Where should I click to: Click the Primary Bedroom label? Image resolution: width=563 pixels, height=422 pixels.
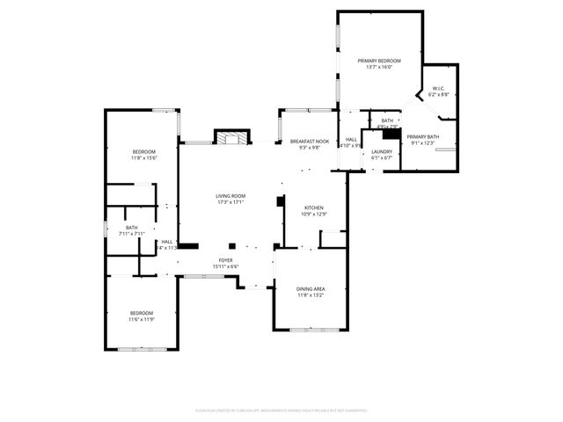tap(379, 61)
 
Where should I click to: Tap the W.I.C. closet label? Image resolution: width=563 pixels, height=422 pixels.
tap(439, 88)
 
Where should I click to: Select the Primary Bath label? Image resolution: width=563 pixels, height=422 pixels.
tap(422, 136)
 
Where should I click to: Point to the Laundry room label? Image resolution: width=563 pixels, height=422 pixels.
tap(381, 152)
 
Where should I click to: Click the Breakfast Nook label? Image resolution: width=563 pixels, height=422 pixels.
tap(310, 142)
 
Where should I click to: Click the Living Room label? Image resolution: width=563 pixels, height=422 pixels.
tap(231, 196)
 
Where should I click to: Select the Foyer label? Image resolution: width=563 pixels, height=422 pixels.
tap(225, 260)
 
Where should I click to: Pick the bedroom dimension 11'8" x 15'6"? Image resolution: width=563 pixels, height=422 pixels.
tap(144, 158)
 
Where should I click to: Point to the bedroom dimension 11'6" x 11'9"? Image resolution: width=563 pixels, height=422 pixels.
tap(142, 319)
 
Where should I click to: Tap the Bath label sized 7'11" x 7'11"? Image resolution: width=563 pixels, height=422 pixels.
tap(131, 228)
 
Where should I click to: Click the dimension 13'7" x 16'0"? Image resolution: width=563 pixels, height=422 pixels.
tap(379, 67)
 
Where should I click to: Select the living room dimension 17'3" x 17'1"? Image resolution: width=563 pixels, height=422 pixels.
tap(231, 202)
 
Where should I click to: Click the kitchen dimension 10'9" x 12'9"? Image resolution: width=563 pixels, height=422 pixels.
tap(313, 214)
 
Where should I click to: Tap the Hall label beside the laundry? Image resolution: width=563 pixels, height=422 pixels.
tap(351, 139)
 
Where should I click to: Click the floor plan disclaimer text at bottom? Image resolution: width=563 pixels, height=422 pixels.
tap(281, 410)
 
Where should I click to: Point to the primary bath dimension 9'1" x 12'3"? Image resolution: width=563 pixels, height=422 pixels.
tap(422, 142)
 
